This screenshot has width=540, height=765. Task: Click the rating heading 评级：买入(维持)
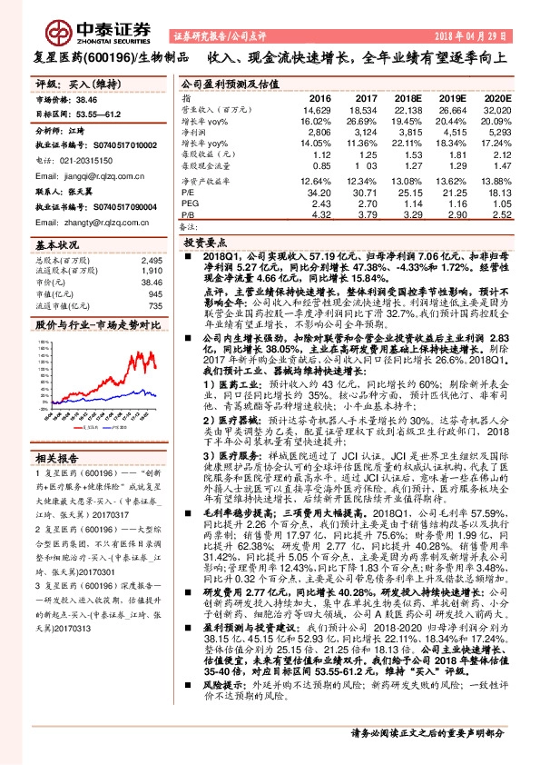coord(69,84)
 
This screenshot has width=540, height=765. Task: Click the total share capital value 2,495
coord(151,260)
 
